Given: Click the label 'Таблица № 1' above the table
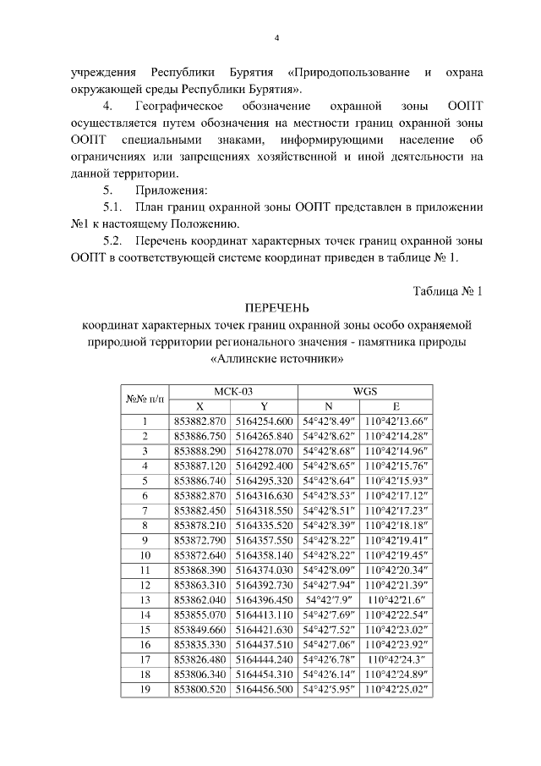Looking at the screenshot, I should [447, 290].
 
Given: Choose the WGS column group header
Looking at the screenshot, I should [364, 391].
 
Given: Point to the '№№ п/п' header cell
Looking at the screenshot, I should [145, 398].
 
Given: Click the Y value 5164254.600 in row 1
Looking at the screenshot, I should [264, 421].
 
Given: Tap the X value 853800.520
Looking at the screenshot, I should [199, 690].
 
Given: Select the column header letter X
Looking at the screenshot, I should [199, 405].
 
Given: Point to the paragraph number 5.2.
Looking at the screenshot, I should [113, 241].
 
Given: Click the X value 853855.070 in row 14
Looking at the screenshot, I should [199, 615].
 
